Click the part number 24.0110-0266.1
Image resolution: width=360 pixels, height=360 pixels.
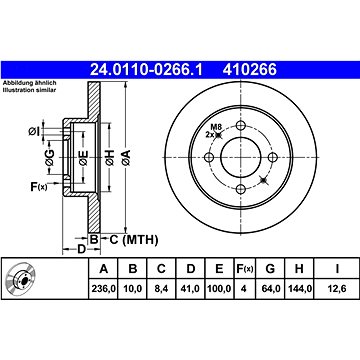146,70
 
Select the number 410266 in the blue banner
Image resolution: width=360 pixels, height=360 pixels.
250,70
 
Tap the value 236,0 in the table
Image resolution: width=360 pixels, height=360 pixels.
103,288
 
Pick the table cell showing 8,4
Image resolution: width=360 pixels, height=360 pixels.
161,288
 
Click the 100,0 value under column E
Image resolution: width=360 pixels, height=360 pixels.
219,288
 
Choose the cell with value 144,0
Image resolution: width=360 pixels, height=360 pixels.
299,288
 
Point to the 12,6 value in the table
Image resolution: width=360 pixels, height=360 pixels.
337,288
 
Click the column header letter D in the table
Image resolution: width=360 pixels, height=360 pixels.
191,269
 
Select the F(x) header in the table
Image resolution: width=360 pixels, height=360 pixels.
245,269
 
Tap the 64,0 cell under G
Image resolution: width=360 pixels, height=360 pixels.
270,288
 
